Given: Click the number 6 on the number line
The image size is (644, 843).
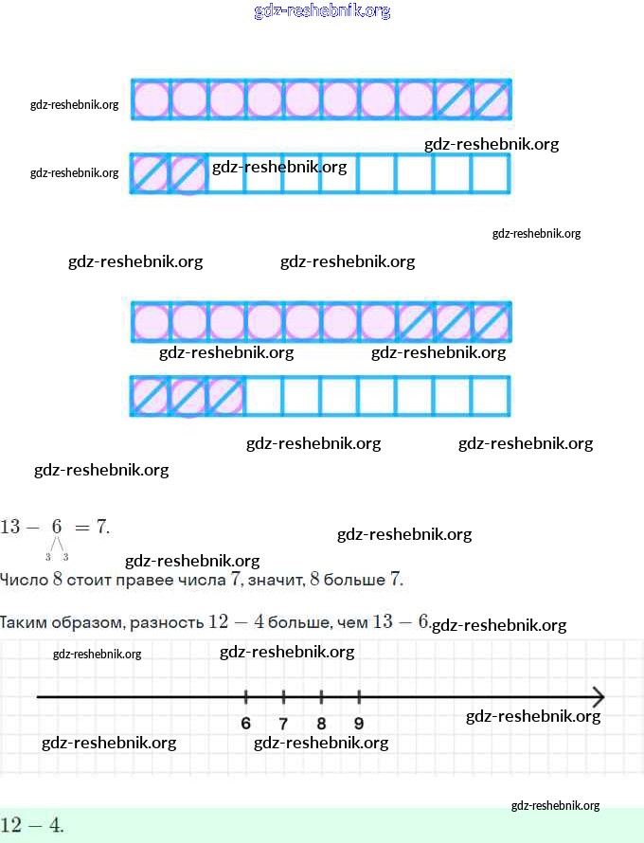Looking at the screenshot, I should (246, 724).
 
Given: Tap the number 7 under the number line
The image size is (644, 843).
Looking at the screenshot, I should (283, 724).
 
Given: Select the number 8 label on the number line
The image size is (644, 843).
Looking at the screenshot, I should (321, 724).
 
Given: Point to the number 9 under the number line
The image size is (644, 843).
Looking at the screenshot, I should (359, 724).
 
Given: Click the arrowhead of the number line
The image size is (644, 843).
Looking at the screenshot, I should (599, 697).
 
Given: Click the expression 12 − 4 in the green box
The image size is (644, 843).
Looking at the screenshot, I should (32, 824).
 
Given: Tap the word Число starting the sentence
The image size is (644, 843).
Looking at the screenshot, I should (20, 579).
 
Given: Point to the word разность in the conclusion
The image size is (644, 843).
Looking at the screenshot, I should (170, 622).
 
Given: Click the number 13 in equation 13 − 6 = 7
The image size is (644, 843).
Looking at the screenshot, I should (10, 526).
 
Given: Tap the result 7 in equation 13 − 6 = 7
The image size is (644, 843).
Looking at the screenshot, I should (101, 526).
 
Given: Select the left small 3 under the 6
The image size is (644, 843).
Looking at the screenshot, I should (48, 556).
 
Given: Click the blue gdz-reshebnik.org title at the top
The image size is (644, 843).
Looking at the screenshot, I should (322, 11).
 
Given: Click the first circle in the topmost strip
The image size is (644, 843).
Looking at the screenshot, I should (150, 99).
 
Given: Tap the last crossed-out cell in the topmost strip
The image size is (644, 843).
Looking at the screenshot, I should (491, 99).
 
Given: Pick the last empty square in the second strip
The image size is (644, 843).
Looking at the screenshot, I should (491, 172).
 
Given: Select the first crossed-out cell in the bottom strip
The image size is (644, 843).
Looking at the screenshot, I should (150, 396).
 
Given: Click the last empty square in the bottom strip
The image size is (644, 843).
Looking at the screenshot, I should (491, 396).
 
